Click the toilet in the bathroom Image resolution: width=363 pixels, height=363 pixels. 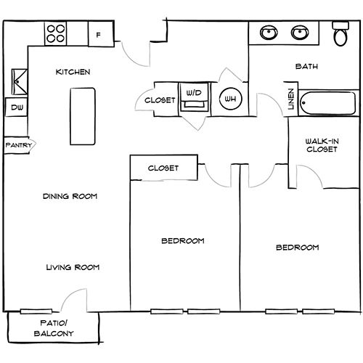coord(340,35)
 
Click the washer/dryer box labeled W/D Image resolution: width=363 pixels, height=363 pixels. coord(193,99)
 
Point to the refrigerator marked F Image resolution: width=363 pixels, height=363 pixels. coord(99,33)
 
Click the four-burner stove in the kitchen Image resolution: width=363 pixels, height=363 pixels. coord(56,33)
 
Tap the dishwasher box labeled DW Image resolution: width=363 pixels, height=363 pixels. coord(15,108)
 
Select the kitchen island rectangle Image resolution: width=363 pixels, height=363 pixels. coord(83,116)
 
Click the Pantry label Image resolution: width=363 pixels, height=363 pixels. coord(17,145)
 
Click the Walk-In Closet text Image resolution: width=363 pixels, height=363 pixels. coord(320,145)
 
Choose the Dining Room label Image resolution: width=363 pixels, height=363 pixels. coord(70,196)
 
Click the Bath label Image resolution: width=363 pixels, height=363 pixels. coord(306,67)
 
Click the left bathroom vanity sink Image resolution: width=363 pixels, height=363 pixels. coord(269,33)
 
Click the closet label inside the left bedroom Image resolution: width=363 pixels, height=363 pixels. coord(163,168)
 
